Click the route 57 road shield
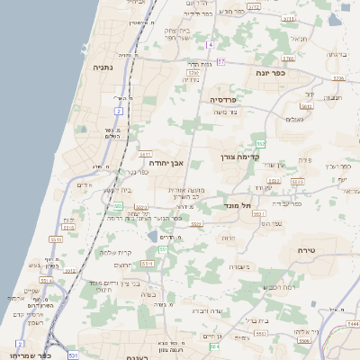220,61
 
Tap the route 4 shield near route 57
210,44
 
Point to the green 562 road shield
260,144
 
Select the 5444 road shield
353,322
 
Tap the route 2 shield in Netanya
118,111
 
